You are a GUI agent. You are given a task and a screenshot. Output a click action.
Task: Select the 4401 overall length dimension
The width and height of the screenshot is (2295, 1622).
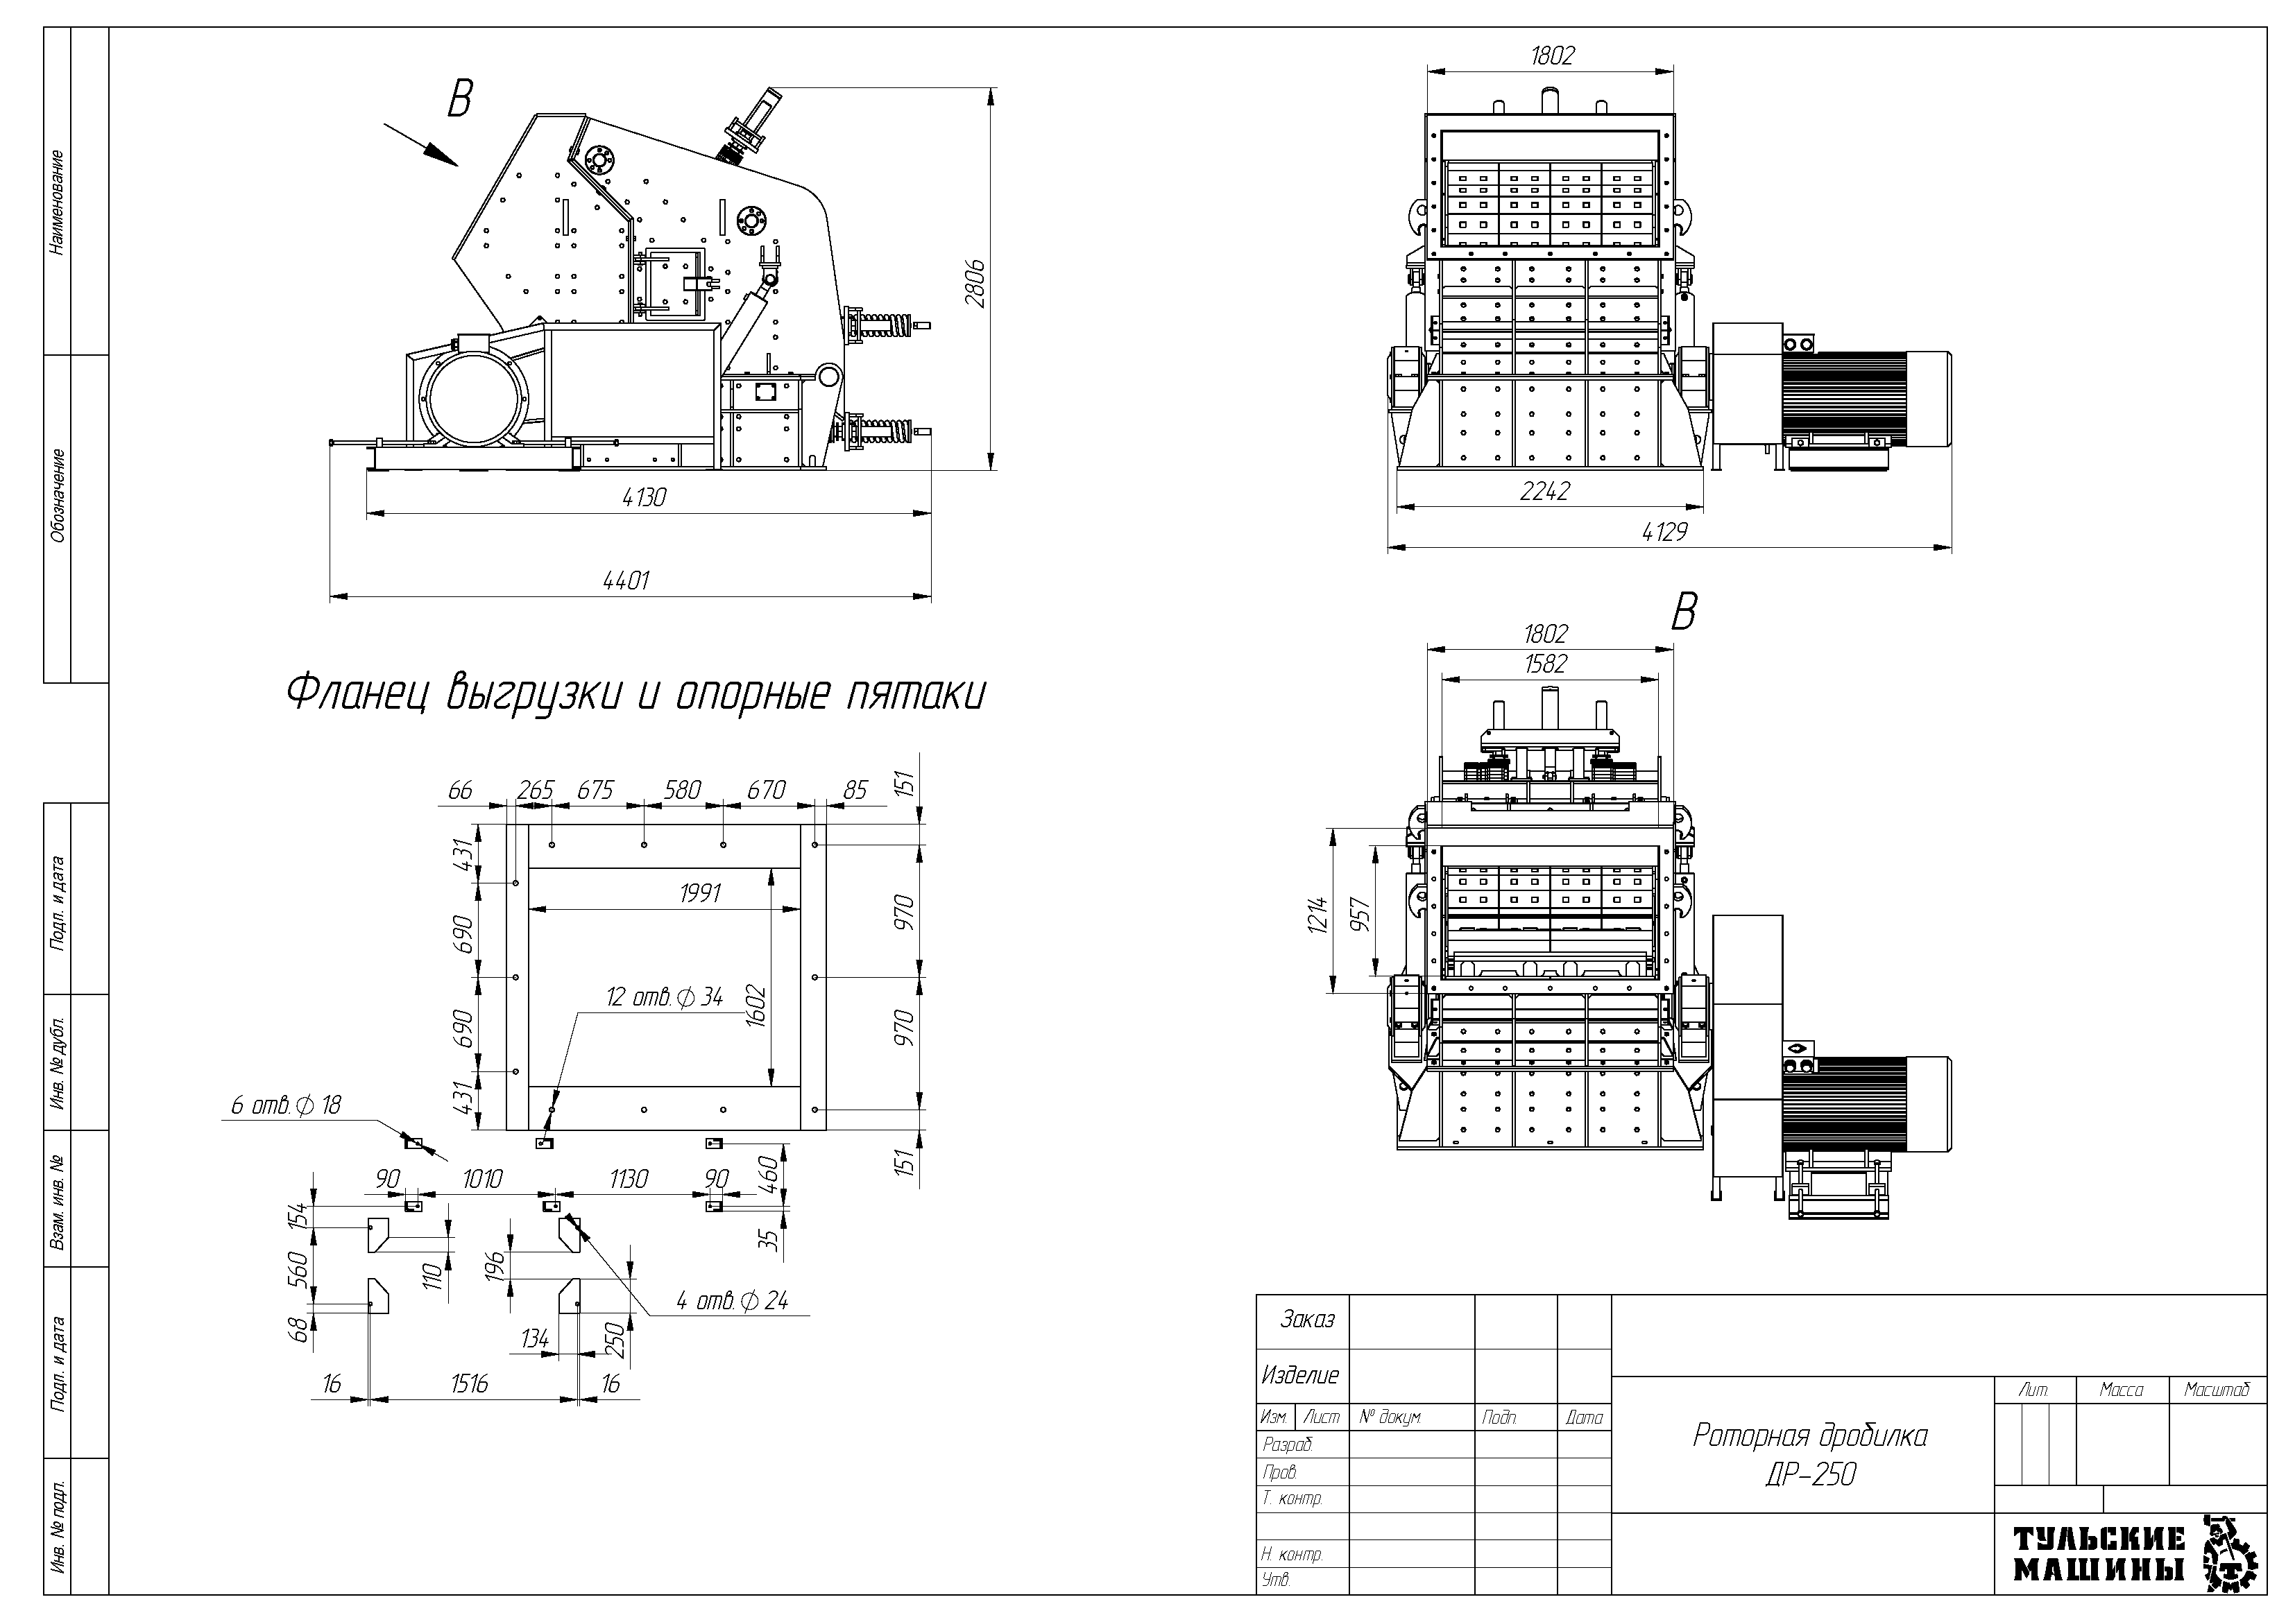point(626,580)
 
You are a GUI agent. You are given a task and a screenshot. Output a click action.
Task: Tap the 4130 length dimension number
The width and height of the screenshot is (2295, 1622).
point(644,497)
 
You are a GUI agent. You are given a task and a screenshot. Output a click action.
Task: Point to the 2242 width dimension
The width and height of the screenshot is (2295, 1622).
point(1545,491)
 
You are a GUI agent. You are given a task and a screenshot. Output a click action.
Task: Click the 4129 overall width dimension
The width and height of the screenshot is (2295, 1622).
point(1664,533)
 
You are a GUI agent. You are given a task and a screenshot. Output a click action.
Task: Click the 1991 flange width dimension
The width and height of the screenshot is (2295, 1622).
point(700,893)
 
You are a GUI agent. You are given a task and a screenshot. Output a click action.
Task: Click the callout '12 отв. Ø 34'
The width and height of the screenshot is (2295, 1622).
point(665,997)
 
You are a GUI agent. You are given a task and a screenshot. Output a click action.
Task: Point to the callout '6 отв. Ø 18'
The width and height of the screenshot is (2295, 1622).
point(286,1104)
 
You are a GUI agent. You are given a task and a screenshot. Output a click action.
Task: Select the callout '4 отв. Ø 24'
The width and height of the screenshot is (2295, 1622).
point(732,1300)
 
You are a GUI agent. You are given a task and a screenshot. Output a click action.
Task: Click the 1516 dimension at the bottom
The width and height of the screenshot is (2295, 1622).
point(469,1383)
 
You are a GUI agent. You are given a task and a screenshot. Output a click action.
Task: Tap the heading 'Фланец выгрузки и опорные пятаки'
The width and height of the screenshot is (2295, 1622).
point(635,693)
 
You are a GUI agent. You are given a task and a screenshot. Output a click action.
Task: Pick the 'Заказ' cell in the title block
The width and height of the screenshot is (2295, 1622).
point(1308,1320)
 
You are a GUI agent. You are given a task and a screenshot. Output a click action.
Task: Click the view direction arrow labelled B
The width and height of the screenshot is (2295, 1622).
point(422,143)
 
